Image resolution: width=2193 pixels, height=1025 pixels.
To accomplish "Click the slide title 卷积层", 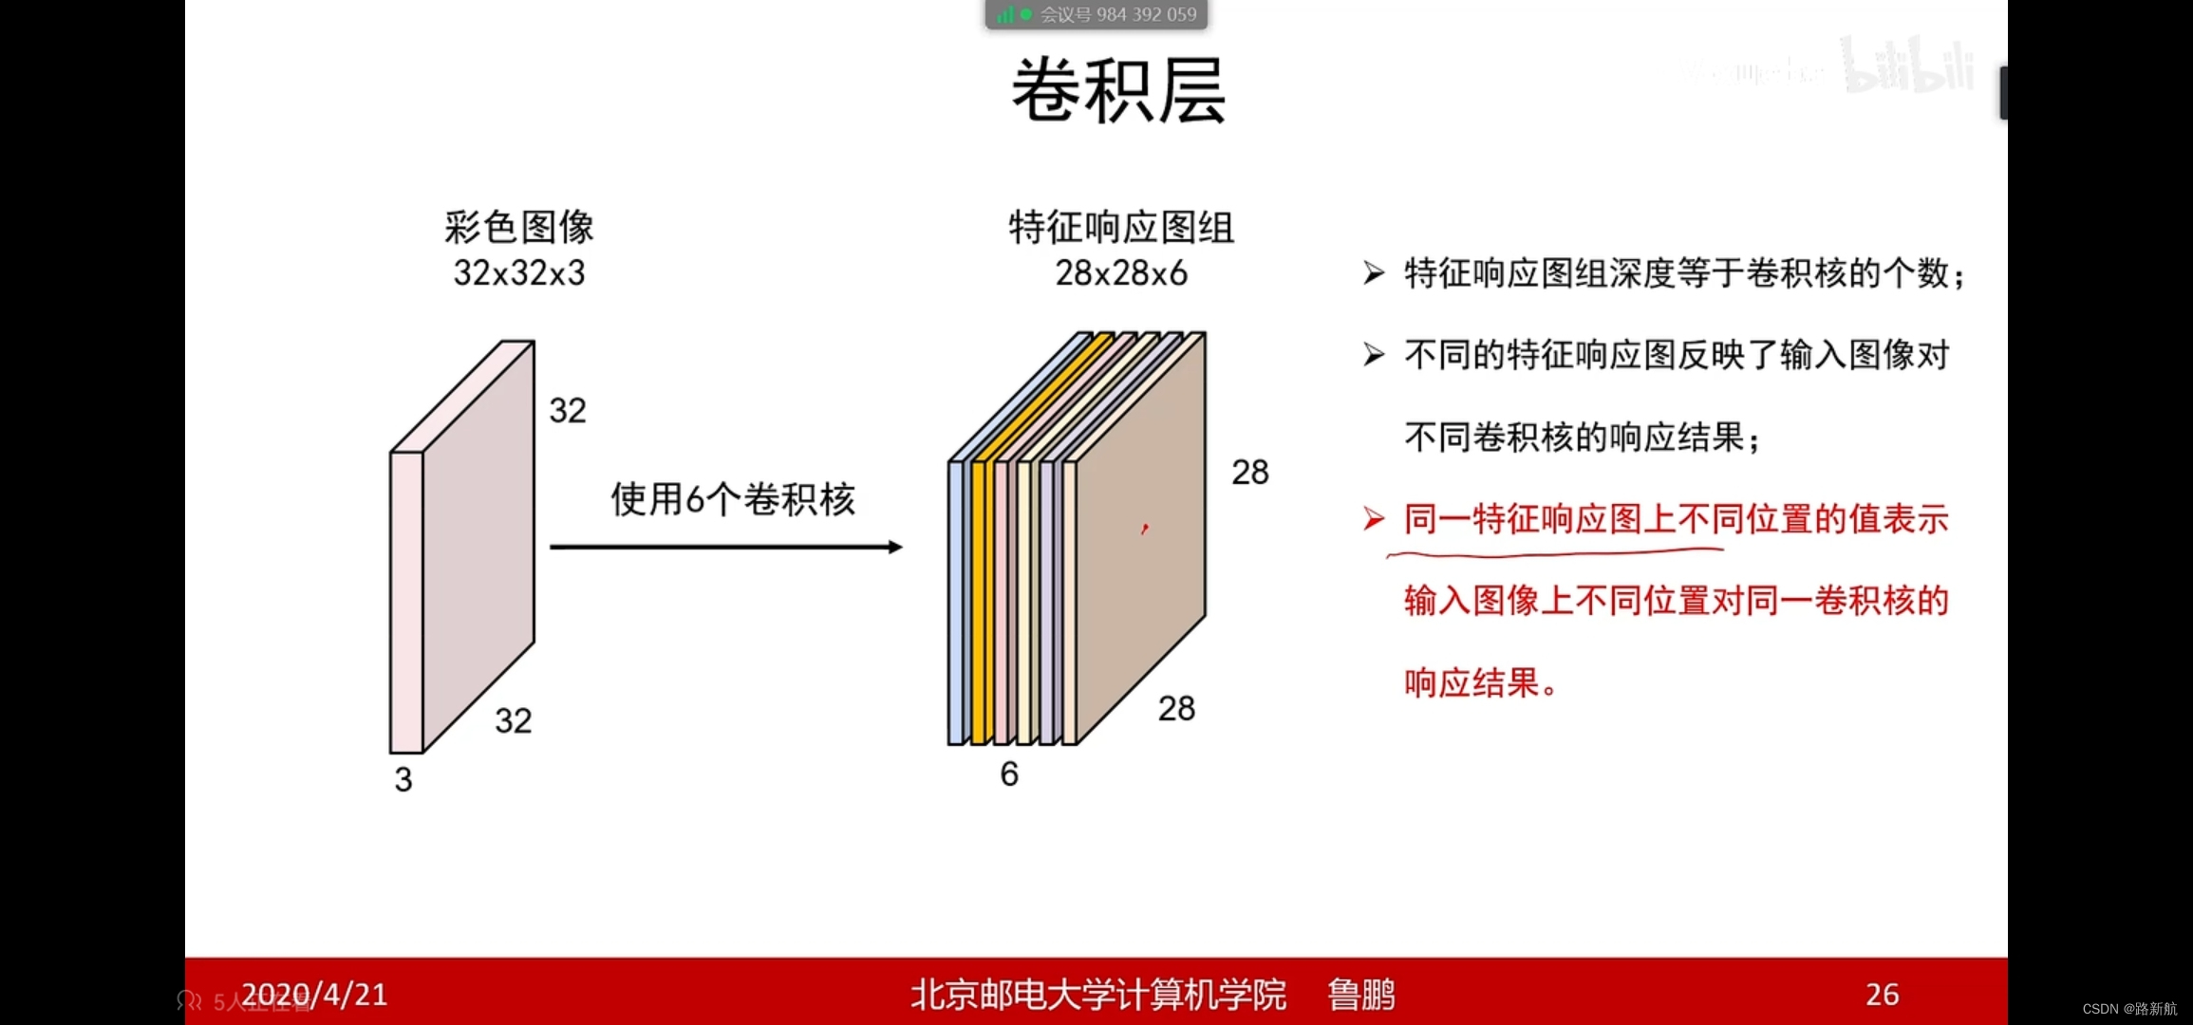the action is (1118, 90).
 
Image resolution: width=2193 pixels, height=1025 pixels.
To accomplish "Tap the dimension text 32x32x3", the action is (518, 273).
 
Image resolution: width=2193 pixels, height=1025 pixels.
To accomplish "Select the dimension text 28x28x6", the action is (1121, 273).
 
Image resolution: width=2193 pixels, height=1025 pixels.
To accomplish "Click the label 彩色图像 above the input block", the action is (518, 228).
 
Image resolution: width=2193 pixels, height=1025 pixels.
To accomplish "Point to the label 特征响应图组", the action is (1121, 228).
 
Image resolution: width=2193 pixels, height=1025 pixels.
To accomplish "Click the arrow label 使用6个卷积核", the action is (732, 499).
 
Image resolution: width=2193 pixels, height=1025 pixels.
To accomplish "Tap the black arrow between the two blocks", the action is (725, 547).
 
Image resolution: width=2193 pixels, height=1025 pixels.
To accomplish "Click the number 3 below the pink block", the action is (403, 780).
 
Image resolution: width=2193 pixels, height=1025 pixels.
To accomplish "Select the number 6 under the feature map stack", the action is (1009, 774).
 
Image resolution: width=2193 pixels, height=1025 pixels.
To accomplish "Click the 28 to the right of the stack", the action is (1249, 473).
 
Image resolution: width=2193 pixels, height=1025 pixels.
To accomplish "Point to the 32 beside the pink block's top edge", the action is (568, 411).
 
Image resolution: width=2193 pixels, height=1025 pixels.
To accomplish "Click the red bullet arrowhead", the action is (1374, 519).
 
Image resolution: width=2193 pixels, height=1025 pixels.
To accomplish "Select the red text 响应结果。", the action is (1481, 683).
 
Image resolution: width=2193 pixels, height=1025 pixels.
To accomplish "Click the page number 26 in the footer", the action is (1882, 994).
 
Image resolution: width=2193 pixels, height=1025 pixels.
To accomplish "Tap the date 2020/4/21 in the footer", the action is (314, 994).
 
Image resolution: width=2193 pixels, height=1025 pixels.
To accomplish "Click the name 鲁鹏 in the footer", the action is (1360, 995).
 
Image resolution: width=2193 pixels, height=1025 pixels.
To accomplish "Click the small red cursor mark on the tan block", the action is (1145, 529).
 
